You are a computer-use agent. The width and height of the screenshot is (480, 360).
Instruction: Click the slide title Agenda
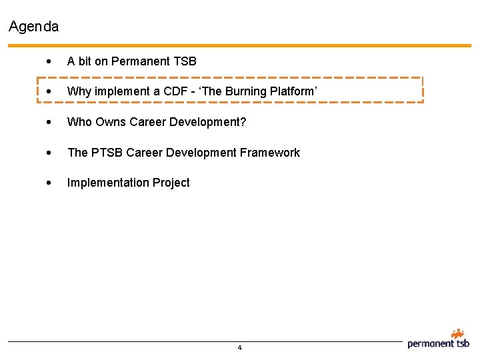coord(33,27)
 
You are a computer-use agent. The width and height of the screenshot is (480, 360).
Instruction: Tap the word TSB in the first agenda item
coord(185,61)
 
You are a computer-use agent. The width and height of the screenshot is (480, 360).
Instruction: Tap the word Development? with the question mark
coord(210,122)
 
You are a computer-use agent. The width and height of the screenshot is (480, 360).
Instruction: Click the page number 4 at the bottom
coord(239,348)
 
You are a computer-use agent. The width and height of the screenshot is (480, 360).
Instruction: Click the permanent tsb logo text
coord(438,344)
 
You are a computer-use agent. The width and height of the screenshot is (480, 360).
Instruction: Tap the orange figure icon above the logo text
coord(457,333)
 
